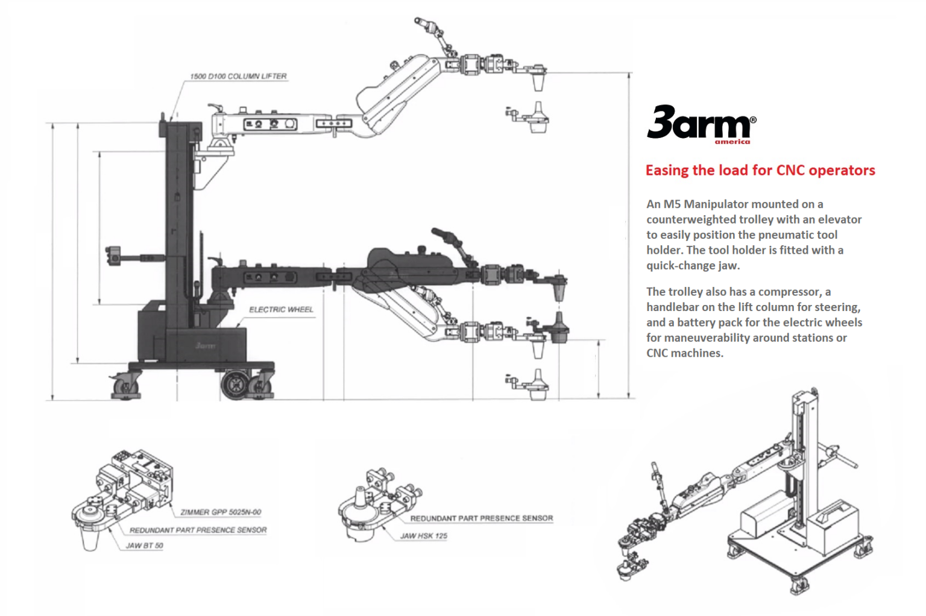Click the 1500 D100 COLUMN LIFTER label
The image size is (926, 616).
(238, 77)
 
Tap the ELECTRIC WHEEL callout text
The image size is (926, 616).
(281, 310)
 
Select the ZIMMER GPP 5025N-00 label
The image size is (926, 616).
(221, 512)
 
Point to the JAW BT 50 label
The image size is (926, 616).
(144, 545)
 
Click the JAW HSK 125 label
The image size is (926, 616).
(424, 536)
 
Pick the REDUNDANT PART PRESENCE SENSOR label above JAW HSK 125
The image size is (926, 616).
(481, 518)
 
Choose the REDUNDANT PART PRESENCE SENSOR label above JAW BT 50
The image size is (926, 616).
(198, 530)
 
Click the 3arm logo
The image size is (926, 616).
(699, 123)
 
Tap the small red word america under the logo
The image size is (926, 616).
(732, 142)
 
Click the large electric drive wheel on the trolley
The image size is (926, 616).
(235, 385)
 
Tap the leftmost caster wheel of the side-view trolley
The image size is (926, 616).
(125, 386)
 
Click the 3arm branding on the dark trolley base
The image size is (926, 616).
(205, 346)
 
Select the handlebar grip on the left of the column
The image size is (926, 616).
(113, 255)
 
